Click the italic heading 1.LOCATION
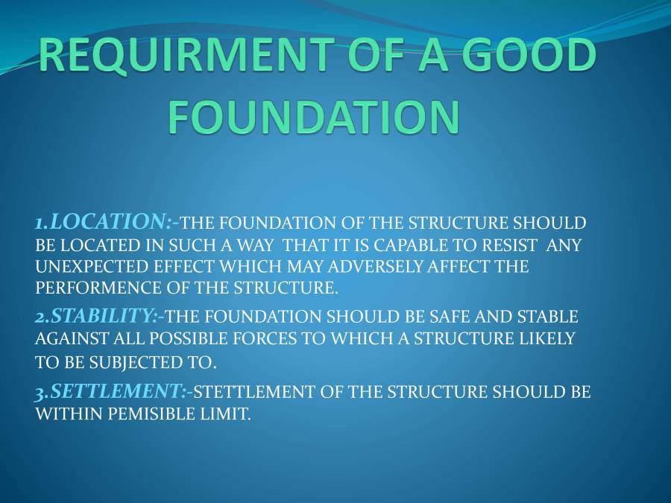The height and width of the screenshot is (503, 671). pyautogui.click(x=104, y=221)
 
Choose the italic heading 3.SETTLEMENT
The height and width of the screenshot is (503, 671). pyautogui.click(x=111, y=390)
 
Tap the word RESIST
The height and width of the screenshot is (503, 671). pyautogui.click(x=507, y=244)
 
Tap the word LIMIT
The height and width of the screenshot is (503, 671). pyautogui.click(x=227, y=414)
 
